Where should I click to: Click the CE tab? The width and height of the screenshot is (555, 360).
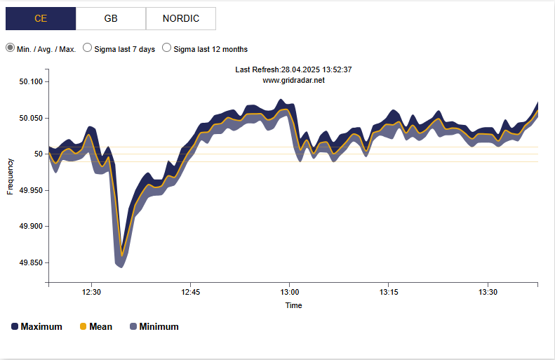point(41,19)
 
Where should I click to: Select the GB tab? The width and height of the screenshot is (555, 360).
point(111,19)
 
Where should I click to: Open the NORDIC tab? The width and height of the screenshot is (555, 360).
point(180,19)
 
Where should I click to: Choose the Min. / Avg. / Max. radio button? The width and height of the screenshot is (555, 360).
point(11,48)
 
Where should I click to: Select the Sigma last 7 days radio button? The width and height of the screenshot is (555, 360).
point(88,48)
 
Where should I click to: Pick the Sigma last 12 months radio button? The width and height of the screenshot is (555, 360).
point(167,48)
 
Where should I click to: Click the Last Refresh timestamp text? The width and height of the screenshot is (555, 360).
point(293,69)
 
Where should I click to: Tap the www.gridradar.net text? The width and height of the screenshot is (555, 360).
point(293,80)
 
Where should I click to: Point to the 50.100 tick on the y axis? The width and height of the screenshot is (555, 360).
point(31,81)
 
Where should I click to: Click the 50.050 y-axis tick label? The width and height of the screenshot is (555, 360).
point(31,118)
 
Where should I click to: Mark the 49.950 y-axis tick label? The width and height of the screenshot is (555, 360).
point(31,190)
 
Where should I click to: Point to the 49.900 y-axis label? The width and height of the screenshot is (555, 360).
point(31,227)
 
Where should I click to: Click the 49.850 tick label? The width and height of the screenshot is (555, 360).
point(31,262)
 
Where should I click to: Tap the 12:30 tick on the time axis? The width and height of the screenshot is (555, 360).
point(92,292)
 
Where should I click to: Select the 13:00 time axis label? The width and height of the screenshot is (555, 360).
point(290,292)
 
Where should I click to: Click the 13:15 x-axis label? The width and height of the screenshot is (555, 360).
point(389,292)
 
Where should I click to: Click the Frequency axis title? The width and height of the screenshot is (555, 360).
point(11,176)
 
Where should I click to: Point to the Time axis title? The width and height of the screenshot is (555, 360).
point(293,305)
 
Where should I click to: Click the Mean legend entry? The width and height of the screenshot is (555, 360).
point(95,326)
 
